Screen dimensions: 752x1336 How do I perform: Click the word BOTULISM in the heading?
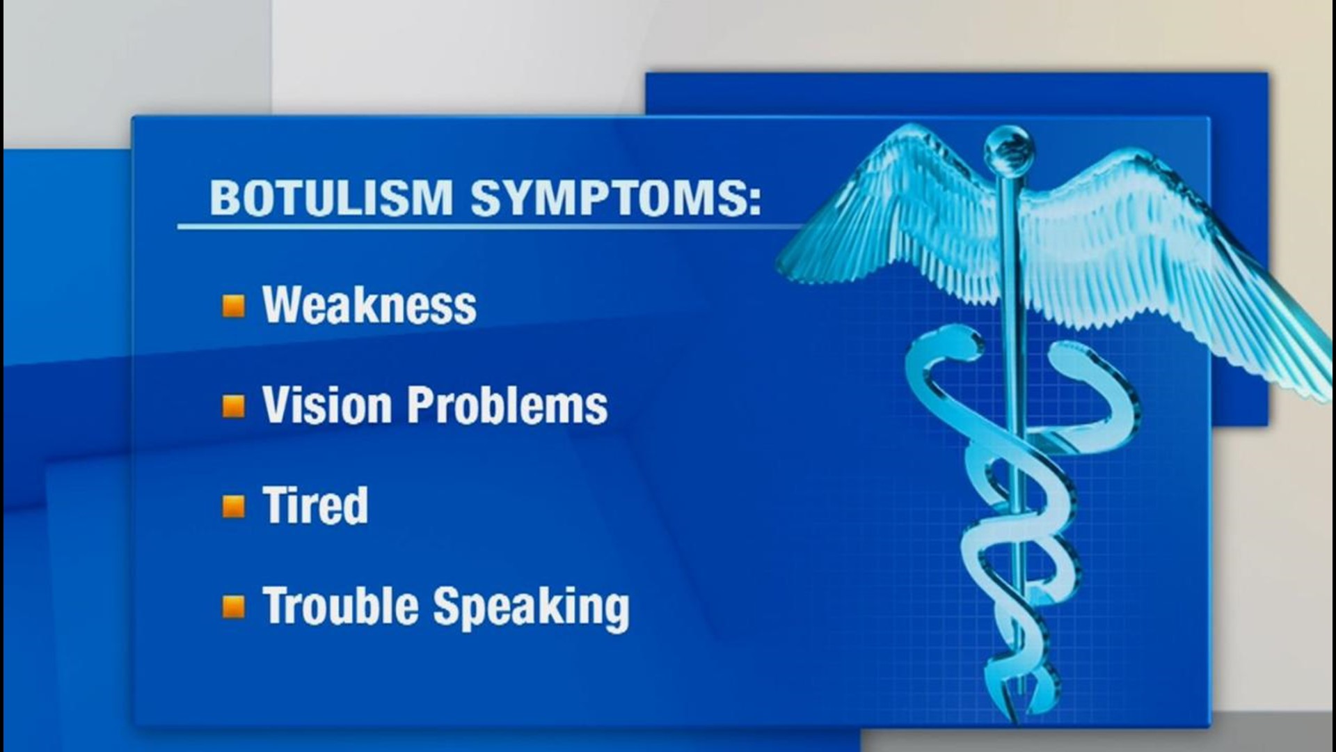331,198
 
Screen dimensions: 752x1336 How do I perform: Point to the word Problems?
507,406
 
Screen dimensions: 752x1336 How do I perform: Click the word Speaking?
532,607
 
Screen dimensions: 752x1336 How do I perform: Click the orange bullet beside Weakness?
234,306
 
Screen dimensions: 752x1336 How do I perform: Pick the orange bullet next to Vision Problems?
234,406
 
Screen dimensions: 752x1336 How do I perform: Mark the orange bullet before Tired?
234,506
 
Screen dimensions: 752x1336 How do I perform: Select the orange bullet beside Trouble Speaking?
234,606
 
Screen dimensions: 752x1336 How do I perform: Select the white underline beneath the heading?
487,226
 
